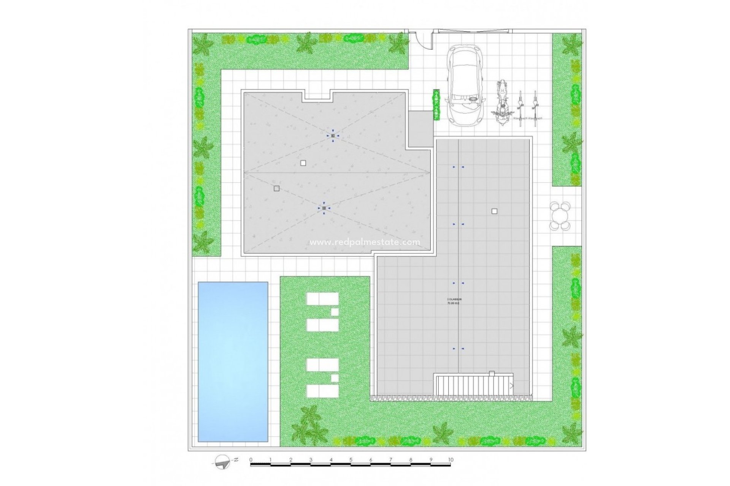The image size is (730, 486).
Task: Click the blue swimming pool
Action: tap(233, 361)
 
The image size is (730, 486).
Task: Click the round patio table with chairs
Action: tap(560, 216)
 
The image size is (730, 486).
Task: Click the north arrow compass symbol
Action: tap(223, 462)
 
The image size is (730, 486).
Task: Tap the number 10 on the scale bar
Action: tap(451, 460)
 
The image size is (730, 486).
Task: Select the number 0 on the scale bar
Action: tap(251, 460)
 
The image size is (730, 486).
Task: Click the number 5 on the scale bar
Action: tap(351, 460)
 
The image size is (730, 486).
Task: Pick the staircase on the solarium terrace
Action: tap(474, 385)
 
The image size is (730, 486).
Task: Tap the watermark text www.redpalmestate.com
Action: tap(365, 242)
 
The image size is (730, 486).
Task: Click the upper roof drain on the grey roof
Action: tap(333, 136)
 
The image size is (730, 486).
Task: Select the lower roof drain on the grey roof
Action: tap(324, 208)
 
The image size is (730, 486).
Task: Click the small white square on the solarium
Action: tap(494, 211)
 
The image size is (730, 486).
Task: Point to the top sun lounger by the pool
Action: tap(322, 299)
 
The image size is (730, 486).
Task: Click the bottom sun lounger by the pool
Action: tap(322, 391)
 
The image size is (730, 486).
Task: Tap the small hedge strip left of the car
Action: tap(436, 105)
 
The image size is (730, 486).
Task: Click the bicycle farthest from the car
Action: tap(535, 109)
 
